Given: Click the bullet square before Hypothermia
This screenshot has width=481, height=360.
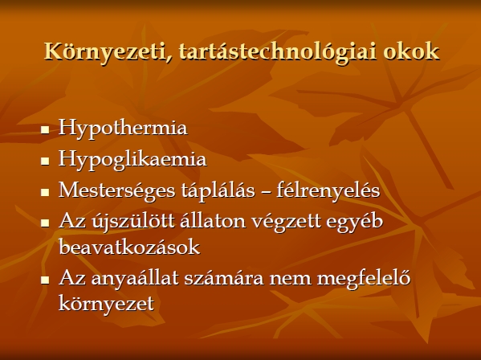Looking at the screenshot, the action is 45,129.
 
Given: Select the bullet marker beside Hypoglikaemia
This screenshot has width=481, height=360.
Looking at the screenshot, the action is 45,161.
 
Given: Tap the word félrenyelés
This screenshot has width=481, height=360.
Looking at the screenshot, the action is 328,191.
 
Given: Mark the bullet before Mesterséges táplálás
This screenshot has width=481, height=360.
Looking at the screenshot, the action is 45,192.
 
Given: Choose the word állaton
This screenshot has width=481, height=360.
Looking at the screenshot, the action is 213,221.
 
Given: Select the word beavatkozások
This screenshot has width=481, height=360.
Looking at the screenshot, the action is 129,247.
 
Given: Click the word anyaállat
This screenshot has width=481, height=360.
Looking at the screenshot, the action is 135,279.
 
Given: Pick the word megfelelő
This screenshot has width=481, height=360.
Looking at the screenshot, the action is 364,279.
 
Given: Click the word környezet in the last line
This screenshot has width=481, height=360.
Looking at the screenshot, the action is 106,304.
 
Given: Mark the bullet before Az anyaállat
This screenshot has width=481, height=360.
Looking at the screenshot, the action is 45,280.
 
